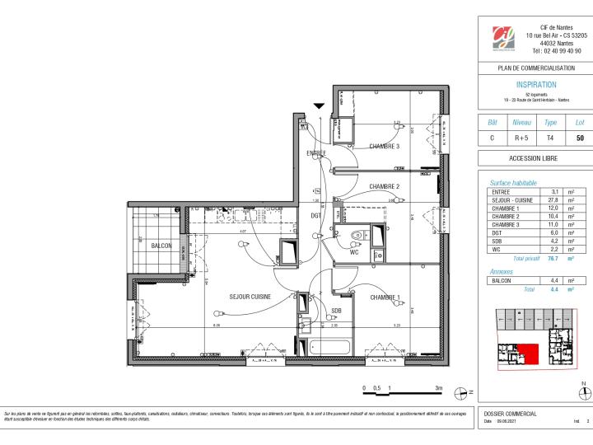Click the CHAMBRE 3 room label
(384, 147)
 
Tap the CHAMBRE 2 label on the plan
(384, 187)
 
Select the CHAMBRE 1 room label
(385, 297)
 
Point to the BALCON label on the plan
(161, 245)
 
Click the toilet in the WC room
(355, 237)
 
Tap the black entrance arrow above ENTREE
(319, 105)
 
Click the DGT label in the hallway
(315, 216)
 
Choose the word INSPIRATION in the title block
(535, 85)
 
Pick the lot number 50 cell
(580, 138)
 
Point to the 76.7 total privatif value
(555, 258)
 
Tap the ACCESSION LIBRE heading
(535, 158)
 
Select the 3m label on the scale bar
(439, 387)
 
